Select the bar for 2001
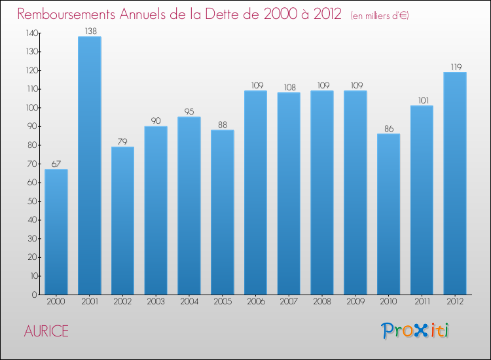click(x=89, y=166)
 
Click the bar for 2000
click(x=56, y=232)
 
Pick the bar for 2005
click(x=222, y=212)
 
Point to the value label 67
click(x=56, y=164)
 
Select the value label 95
click(x=189, y=111)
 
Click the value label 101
click(x=422, y=100)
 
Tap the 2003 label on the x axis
click(x=156, y=302)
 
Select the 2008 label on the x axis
click(x=321, y=302)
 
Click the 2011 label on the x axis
click(x=422, y=302)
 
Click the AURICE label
click(x=46, y=331)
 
